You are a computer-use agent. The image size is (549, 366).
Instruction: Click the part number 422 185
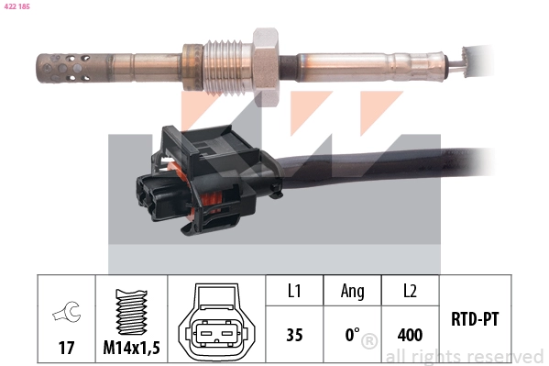tap(17, 6)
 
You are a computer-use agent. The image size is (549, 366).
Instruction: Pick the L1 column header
tap(294, 292)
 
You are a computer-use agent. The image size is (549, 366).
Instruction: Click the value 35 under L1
tap(294, 335)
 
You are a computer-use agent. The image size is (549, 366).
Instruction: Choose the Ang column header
tap(352, 292)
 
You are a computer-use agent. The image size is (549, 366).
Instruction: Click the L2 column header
tap(409, 292)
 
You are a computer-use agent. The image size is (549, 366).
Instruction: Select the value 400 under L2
tap(409, 335)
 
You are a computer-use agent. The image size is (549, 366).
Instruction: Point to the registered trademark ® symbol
tap(369, 341)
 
